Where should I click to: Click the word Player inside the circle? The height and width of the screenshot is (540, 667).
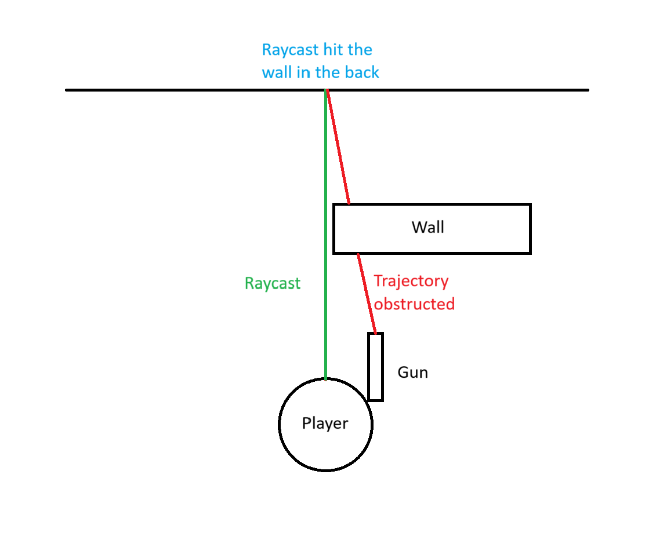[325, 424]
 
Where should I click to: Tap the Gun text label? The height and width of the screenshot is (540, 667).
[412, 372]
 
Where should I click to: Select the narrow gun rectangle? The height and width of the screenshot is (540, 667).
[375, 367]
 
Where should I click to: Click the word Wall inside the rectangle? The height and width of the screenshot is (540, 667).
[428, 227]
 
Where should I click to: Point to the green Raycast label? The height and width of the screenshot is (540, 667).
[273, 283]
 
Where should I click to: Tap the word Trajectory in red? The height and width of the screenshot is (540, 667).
[411, 281]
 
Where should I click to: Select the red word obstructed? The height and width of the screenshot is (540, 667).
[414, 304]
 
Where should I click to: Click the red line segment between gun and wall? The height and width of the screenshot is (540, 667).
[367, 294]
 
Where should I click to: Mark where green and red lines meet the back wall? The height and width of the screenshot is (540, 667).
[327, 90]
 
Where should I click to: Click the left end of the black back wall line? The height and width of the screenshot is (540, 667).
[67, 90]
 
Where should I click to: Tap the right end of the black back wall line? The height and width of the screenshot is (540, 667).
[588, 90]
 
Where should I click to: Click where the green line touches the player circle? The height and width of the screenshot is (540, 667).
[326, 380]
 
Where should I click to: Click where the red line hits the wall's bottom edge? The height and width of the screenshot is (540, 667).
[358, 254]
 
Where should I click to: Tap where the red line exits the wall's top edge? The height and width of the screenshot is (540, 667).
[349, 204]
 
